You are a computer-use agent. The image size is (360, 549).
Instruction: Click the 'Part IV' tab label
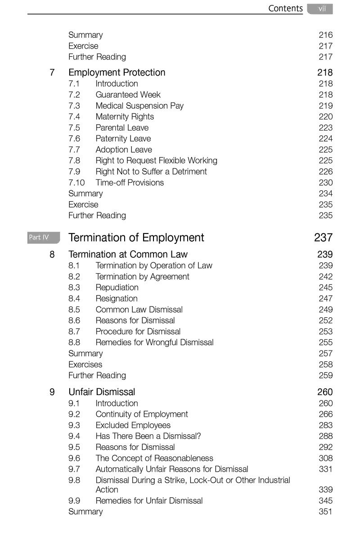point(39,237)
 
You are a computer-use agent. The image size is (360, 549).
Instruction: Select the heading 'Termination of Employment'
point(136,237)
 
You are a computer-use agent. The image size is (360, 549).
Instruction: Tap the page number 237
point(323,237)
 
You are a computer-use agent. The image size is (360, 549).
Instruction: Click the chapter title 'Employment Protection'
point(117,72)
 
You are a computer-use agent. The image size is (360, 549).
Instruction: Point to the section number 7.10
point(76,183)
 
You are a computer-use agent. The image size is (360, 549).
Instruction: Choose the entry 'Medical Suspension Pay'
point(139,106)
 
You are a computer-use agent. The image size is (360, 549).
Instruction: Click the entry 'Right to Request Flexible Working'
point(156,161)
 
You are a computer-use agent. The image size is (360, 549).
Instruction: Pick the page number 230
point(325,183)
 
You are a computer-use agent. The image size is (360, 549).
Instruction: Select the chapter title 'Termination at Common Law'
point(128,254)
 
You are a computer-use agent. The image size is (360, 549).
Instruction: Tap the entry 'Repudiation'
point(117,288)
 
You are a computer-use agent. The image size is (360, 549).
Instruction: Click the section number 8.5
point(74,310)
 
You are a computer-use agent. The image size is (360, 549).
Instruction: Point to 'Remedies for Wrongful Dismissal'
point(154,342)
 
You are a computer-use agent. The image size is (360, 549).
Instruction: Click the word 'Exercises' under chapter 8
point(85,364)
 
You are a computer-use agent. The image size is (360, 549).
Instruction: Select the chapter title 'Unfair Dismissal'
point(102,392)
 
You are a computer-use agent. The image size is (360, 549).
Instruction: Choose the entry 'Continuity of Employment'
point(142,414)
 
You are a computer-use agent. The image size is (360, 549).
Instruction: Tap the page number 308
point(325,458)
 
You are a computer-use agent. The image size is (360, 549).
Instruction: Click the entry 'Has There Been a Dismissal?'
point(148,436)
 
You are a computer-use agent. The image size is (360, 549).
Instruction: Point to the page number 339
point(325,490)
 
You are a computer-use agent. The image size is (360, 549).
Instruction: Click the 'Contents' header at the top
point(285,9)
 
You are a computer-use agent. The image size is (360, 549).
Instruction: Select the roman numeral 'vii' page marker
point(322,9)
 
